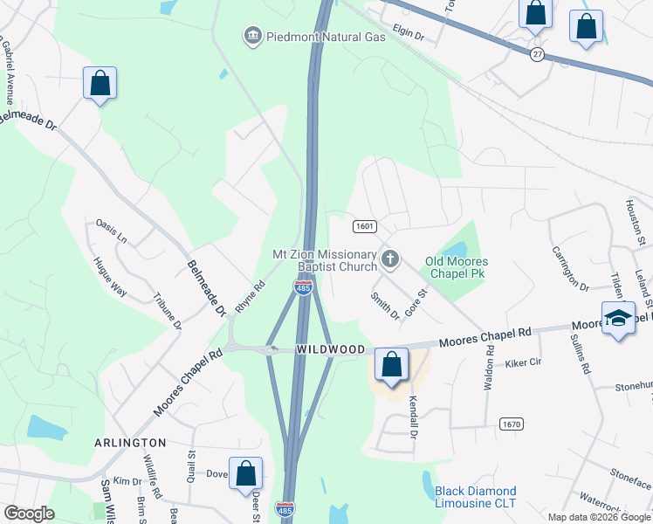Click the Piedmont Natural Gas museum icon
(252, 36)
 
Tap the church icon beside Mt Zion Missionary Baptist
(390, 259)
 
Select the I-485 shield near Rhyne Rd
(303, 287)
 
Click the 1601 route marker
(365, 226)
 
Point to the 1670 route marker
(512, 424)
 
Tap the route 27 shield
(537, 54)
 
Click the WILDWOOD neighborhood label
(330, 349)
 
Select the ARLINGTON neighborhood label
(130, 443)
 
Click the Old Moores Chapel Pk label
(456, 267)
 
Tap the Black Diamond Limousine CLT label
(476, 497)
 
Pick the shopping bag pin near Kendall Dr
(392, 365)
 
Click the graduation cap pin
(619, 319)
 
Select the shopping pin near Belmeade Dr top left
(100, 84)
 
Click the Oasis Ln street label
(112, 231)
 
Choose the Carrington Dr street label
(571, 267)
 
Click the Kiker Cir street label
(524, 362)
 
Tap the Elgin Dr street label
(408, 36)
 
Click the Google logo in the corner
(29, 514)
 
